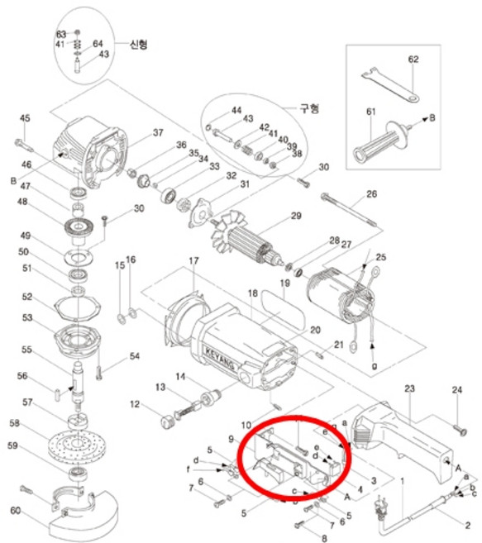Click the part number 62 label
[x=413, y=60]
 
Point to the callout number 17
[x=193, y=262]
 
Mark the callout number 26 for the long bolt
[x=371, y=194]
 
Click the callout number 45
[x=25, y=117]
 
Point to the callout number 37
[x=157, y=132]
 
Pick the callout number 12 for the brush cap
[x=135, y=404]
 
